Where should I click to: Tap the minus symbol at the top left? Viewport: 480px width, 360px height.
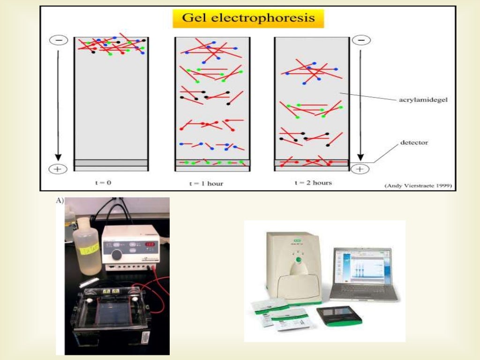[59, 41]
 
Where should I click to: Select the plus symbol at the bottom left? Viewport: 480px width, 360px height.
[58, 169]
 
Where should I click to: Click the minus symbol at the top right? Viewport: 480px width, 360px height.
[361, 41]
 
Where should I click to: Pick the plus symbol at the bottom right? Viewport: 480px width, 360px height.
[360, 169]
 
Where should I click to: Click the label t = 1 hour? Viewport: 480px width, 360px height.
[206, 183]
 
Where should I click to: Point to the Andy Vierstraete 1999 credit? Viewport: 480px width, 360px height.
[418, 186]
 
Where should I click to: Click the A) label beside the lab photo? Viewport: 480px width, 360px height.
[60, 201]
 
